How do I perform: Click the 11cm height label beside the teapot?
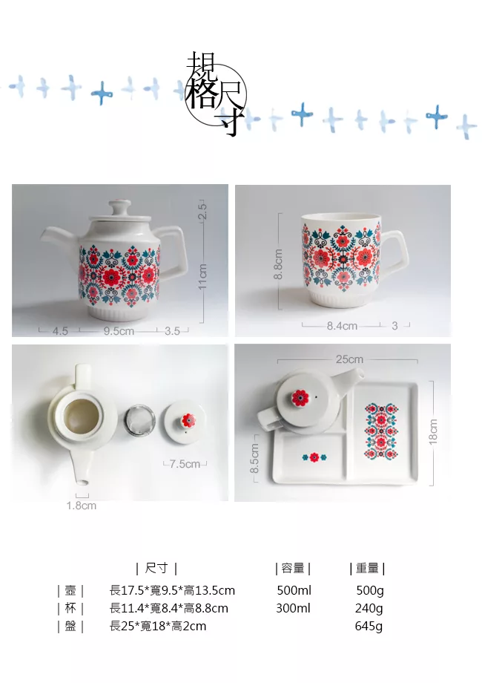click(202, 276)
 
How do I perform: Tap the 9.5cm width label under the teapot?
click(119, 331)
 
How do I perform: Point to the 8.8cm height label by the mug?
click(278, 264)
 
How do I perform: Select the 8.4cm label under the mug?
click(342, 326)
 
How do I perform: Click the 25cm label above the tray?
click(349, 359)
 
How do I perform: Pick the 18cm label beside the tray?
click(433, 431)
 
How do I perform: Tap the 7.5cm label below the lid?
click(185, 464)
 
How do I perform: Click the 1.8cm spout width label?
click(82, 506)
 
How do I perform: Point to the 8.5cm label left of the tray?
click(254, 458)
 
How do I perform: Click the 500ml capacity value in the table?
click(294, 590)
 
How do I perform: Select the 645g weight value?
click(369, 626)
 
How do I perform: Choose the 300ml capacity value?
click(293, 608)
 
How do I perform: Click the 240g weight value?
click(369, 608)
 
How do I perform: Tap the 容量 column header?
click(293, 568)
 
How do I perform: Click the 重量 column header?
click(368, 568)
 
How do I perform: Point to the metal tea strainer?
click(139, 420)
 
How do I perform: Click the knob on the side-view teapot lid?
click(119, 206)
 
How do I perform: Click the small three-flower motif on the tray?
click(314, 457)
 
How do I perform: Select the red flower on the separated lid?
click(188, 420)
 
